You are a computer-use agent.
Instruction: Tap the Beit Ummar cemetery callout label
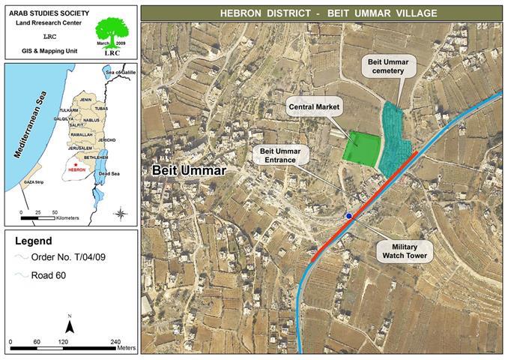(393, 65)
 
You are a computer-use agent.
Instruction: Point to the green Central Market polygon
(360, 147)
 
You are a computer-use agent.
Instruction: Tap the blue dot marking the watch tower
(349, 216)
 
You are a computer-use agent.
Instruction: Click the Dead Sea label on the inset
(109, 173)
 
